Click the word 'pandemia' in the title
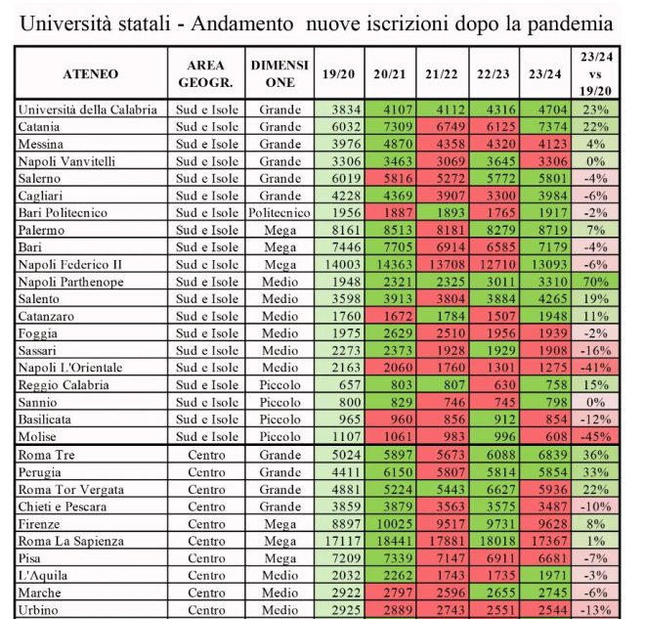570,24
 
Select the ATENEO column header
91,74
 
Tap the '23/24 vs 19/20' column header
595,73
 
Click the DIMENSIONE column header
279,73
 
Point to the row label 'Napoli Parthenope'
70,282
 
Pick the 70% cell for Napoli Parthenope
595,282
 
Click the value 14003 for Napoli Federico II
343,264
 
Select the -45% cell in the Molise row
595,436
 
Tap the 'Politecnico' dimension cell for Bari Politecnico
279,213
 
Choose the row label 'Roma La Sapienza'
70,541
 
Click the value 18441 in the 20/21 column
394,541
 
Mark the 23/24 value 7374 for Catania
552,127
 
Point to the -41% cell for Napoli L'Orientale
595,368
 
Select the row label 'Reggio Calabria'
64,385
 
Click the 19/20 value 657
350,385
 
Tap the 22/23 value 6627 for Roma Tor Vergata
500,490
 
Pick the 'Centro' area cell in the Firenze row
206,524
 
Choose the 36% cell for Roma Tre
595,455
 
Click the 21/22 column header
442,74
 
